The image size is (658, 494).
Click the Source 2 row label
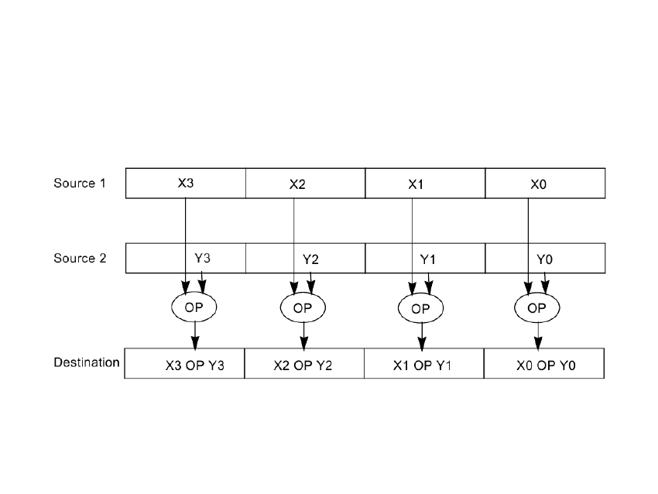(79, 259)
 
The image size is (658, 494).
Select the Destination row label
(86, 362)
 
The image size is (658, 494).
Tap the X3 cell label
(185, 183)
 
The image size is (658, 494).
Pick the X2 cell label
(298, 184)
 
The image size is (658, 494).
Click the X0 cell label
(537, 184)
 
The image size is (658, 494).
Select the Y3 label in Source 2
(202, 258)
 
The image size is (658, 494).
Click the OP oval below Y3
(194, 307)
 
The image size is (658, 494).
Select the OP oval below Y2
(303, 307)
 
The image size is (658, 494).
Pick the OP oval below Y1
(420, 308)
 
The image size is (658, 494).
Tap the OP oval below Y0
(536, 308)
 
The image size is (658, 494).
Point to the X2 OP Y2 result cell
(303, 363)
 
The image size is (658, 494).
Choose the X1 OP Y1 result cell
(423, 363)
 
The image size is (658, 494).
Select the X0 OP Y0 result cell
(543, 363)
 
